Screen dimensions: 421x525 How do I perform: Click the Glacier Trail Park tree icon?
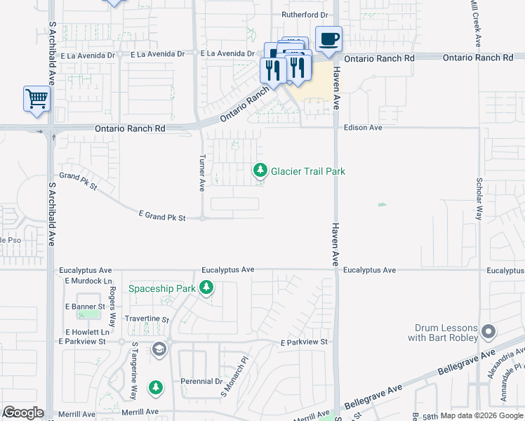click(x=260, y=170)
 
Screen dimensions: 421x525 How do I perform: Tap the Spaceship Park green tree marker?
click(x=206, y=288)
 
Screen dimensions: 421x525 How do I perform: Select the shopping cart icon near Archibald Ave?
click(x=36, y=99)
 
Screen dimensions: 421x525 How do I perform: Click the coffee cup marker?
click(x=328, y=39)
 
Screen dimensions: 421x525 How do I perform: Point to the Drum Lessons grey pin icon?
click(x=489, y=330)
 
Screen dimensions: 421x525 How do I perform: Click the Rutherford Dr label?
click(x=305, y=14)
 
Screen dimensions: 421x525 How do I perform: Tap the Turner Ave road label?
click(x=202, y=173)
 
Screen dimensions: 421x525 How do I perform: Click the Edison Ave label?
click(x=363, y=128)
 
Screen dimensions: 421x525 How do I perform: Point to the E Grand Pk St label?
click(x=162, y=218)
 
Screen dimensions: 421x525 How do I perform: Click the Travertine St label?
click(x=147, y=319)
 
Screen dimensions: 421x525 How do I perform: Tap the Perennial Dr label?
click(x=200, y=382)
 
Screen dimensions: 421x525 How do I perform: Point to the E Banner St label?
click(x=85, y=307)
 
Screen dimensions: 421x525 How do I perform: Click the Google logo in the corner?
click(x=23, y=413)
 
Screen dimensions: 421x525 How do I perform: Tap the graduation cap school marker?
click(x=159, y=349)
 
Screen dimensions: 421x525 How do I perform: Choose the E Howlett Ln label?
click(x=87, y=332)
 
